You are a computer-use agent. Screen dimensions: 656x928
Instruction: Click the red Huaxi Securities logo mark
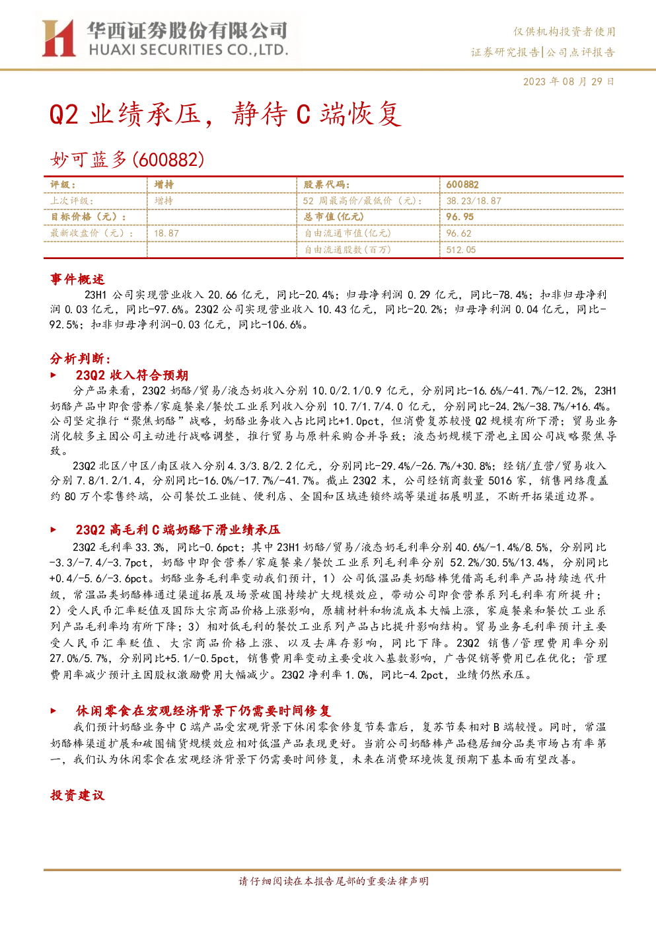pyautogui.click(x=58, y=38)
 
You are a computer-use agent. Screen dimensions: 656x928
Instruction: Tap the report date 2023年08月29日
pyautogui.click(x=569, y=81)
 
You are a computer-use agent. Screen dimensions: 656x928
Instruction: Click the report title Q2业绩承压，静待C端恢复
pyautogui.click(x=225, y=114)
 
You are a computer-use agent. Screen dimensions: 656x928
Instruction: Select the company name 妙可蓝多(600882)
pyautogui.click(x=128, y=159)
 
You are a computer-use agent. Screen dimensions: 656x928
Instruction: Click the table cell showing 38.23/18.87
pyautogui.click(x=474, y=201)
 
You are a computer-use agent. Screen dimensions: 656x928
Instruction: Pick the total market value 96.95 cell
pyautogui.click(x=460, y=217)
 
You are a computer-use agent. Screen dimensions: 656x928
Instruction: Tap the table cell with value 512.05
pyautogui.click(x=461, y=250)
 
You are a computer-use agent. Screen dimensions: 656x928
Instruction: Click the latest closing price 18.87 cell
pyautogui.click(x=166, y=233)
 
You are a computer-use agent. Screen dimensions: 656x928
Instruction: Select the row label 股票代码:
pyautogui.click(x=327, y=185)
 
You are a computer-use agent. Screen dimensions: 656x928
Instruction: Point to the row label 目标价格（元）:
pyautogui.click(x=89, y=217)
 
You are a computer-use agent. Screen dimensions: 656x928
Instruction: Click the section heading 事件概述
pyautogui.click(x=77, y=279)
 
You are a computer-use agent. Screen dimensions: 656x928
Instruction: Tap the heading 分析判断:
pyautogui.click(x=81, y=358)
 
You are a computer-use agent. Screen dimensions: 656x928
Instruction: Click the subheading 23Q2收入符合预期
pyautogui.click(x=131, y=375)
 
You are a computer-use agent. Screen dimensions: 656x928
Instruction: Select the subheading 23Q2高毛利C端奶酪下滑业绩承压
pyautogui.click(x=178, y=529)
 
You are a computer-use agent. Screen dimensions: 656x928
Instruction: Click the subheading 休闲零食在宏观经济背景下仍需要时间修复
pyautogui.click(x=203, y=711)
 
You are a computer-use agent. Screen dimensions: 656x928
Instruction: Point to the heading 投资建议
pyautogui.click(x=77, y=795)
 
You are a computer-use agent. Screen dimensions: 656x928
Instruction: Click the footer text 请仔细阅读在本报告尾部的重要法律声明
pyautogui.click(x=334, y=881)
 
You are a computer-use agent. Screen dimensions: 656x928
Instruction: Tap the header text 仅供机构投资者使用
pyautogui.click(x=564, y=32)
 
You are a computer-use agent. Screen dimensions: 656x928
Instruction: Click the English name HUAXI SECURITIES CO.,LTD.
pyautogui.click(x=188, y=50)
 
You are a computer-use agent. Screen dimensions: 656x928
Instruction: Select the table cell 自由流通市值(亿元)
pyautogui.click(x=347, y=233)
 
